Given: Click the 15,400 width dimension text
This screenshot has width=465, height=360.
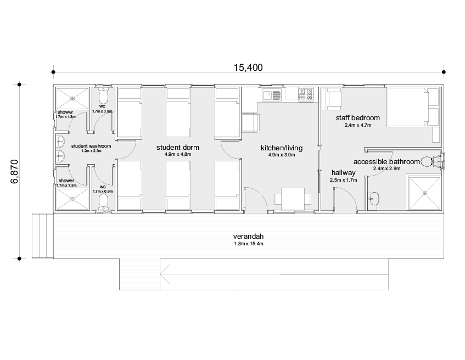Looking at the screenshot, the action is [x=248, y=67].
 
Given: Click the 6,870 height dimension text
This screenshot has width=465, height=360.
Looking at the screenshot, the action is [x=14, y=172].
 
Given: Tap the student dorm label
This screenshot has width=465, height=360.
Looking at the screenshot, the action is [x=178, y=148].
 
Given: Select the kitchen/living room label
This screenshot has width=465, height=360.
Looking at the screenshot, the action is [x=282, y=148].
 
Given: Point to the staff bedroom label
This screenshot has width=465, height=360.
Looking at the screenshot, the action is [x=357, y=118].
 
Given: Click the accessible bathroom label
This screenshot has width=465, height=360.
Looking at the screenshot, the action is [x=386, y=161].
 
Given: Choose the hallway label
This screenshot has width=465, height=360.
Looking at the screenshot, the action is [x=344, y=172].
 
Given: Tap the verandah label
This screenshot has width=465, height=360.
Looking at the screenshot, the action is [x=248, y=237].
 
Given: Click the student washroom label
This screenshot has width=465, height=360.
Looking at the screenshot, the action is [x=91, y=146].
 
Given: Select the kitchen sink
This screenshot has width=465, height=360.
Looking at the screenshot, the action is [x=272, y=95].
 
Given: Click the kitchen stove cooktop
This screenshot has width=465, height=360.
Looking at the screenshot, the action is [x=306, y=94].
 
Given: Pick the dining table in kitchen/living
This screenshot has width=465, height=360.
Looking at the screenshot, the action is [x=293, y=199].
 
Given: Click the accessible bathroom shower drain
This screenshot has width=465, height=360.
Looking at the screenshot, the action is [x=425, y=193].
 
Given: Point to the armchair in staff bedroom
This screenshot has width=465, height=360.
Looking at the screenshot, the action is [x=334, y=100].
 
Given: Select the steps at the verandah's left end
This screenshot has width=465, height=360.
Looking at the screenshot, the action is [x=43, y=236].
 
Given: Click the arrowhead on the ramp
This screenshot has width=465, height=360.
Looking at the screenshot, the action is [x=165, y=274].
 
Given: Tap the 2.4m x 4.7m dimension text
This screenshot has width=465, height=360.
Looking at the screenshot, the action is [x=357, y=125].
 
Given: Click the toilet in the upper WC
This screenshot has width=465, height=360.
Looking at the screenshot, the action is [x=103, y=95].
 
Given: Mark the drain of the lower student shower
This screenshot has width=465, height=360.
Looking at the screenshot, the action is [x=72, y=199].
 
